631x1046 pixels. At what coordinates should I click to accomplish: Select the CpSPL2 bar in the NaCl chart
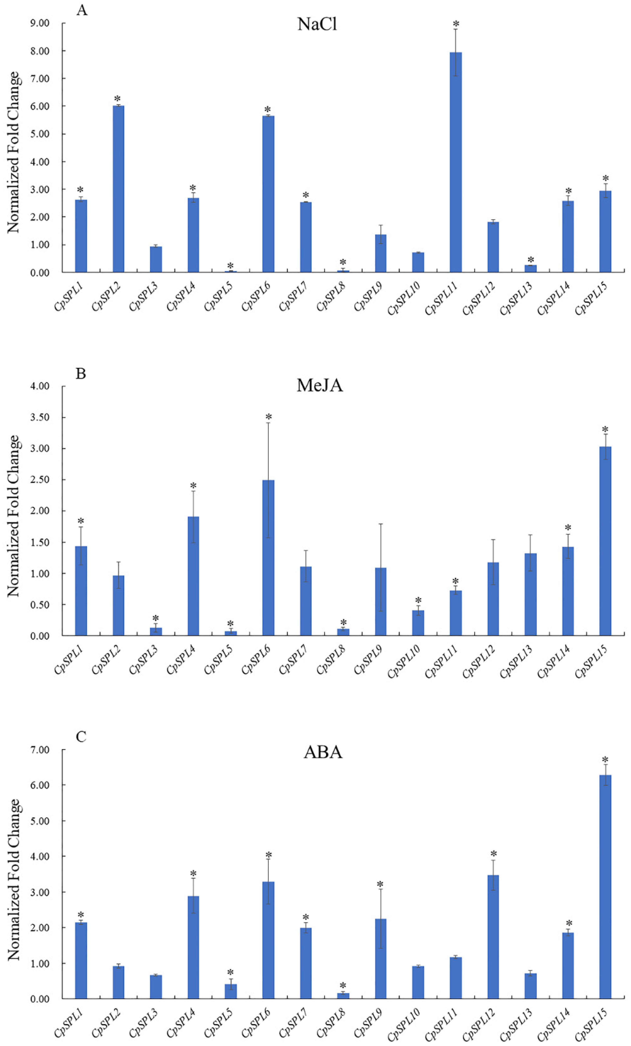pos(118,189)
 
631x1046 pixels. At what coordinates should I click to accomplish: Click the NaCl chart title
pos(317,24)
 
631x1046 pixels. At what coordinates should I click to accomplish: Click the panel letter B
pos(81,374)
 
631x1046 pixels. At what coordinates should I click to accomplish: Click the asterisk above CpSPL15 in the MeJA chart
pos(605,429)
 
